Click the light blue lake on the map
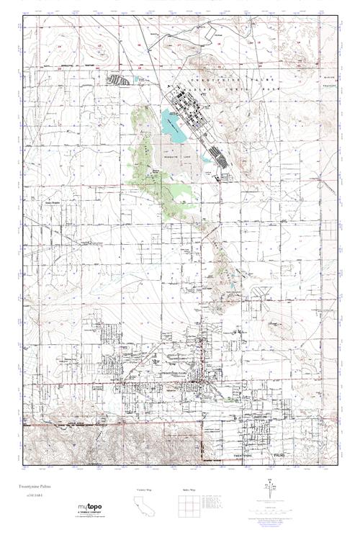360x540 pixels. (x=172, y=121)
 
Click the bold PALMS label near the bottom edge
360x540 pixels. (x=277, y=455)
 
